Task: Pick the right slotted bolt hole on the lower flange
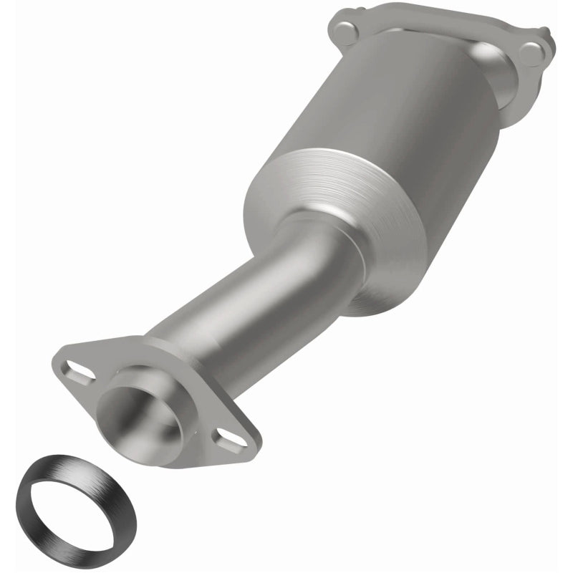pyautogui.click(x=228, y=438)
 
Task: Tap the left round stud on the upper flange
pyautogui.click(x=346, y=31)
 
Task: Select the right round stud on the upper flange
pyautogui.click(x=531, y=53)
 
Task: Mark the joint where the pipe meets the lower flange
pyautogui.click(x=161, y=344)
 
